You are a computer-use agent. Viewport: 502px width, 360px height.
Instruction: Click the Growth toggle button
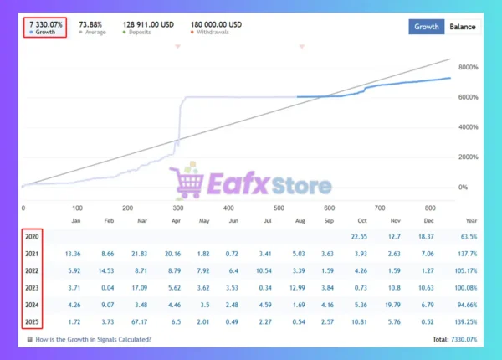pyautogui.click(x=426, y=26)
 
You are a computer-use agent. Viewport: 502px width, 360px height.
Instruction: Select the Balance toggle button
pyautogui.click(x=463, y=26)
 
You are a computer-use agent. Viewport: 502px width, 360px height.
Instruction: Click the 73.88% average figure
pyautogui.click(x=91, y=23)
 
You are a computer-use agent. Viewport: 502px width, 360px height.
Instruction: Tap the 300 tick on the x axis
pyautogui.click(x=177, y=208)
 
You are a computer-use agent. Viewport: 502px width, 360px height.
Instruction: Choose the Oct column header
pyautogui.click(x=361, y=221)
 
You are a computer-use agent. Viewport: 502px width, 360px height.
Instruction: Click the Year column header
pyautogui.click(x=470, y=221)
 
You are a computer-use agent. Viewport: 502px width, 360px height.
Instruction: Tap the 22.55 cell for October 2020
pyautogui.click(x=360, y=237)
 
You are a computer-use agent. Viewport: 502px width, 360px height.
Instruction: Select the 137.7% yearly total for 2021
pyautogui.click(x=466, y=254)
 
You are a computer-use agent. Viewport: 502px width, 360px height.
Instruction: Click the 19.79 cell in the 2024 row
pyautogui.click(x=395, y=305)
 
